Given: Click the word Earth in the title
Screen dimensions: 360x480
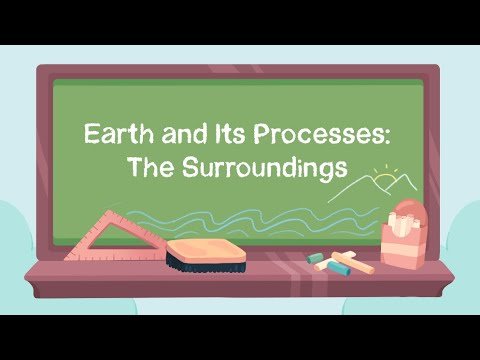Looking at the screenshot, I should tap(111, 133).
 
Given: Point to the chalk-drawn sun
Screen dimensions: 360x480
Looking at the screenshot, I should tap(384, 181).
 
